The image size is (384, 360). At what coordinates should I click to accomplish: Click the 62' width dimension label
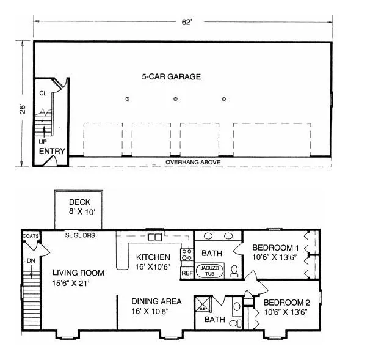[x=186, y=22]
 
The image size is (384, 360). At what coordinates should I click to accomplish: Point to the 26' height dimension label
[x=23, y=109]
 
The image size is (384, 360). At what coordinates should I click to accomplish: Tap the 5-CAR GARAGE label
[x=172, y=77]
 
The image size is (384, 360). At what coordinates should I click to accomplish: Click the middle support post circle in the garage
[x=175, y=99]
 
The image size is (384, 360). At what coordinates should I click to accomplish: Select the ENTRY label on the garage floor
[x=52, y=151]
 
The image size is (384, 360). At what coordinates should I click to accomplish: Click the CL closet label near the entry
[x=43, y=94]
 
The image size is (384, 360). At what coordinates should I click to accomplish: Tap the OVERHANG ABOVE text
[x=193, y=162]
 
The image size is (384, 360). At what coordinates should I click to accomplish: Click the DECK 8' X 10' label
[x=82, y=207]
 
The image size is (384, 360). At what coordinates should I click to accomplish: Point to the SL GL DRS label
[x=80, y=235]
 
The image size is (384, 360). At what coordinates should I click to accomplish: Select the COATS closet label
[x=31, y=236]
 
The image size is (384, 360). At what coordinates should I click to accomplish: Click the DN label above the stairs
[x=31, y=261]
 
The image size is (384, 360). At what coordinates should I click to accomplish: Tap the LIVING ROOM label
[x=78, y=273]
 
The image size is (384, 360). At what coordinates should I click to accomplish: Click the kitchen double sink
[x=154, y=237]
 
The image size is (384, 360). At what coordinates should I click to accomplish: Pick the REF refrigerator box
[x=187, y=273]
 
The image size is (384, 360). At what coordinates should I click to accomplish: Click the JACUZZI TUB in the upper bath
[x=209, y=271]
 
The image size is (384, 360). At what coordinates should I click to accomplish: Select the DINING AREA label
[x=156, y=301]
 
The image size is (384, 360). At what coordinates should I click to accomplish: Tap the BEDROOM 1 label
[x=275, y=248]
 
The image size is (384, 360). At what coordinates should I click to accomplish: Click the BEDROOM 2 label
[x=287, y=303]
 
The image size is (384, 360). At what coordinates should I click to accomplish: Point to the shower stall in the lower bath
[x=202, y=304]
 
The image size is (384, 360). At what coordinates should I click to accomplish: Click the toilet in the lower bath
[x=236, y=323]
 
